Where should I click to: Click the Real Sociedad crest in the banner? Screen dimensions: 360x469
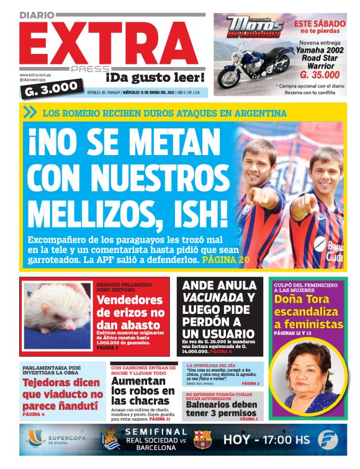pos(107,440)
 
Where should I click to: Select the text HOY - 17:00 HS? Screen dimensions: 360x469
pos(266,440)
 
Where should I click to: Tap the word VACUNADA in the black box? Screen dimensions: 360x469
pos(210,298)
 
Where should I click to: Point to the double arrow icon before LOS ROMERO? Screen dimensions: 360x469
pos(29,113)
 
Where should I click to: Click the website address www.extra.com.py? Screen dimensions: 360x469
pos(35,75)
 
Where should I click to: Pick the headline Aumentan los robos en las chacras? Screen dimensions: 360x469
pos(142,391)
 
